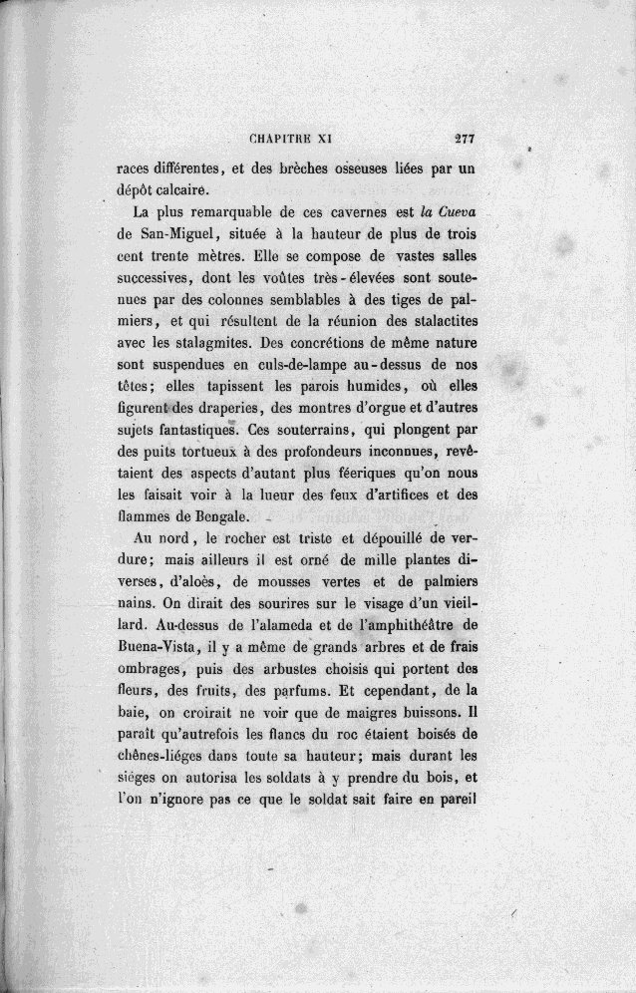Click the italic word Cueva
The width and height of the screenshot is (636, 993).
click(460, 213)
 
